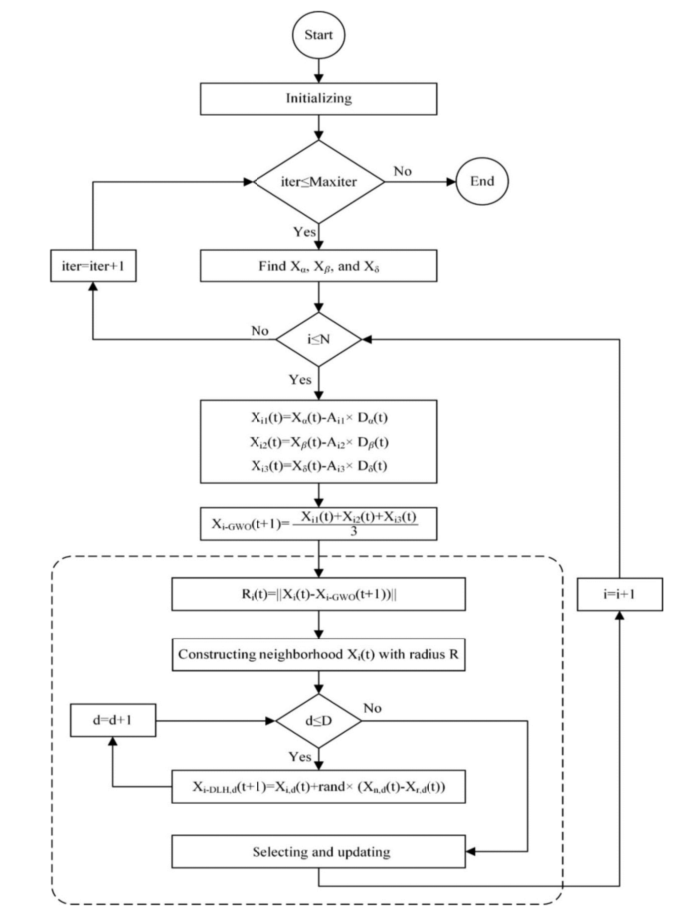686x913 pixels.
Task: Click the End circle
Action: click(x=490, y=182)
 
